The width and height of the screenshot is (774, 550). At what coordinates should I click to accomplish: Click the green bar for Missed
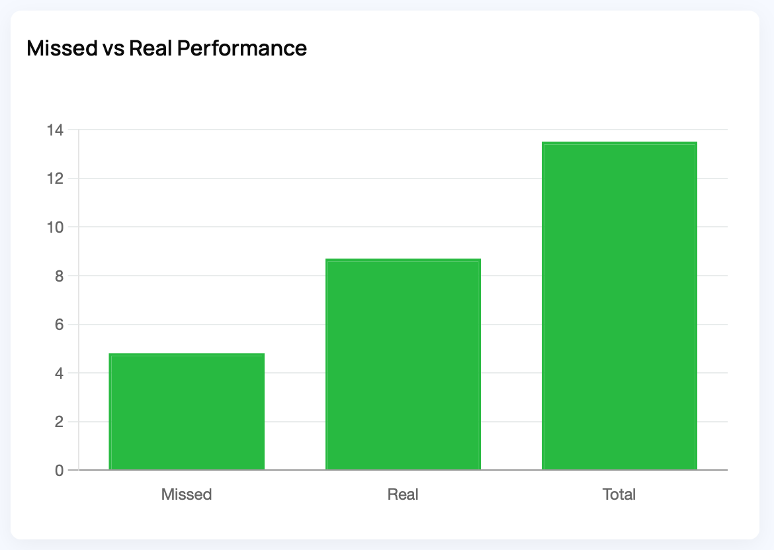click(187, 412)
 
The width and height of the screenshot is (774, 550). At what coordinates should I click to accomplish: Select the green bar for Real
click(403, 364)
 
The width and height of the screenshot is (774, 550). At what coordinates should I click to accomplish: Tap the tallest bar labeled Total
click(619, 306)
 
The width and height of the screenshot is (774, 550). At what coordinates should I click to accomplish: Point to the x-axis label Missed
click(187, 494)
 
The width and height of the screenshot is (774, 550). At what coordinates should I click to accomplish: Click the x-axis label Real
click(403, 494)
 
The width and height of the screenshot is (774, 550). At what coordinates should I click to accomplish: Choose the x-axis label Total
click(619, 494)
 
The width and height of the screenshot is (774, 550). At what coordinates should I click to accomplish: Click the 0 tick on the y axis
click(59, 471)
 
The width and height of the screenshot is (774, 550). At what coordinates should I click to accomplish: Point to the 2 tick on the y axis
click(59, 422)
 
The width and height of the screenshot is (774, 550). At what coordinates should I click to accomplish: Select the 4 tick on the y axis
click(59, 373)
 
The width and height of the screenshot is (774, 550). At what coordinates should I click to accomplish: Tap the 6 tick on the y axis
click(59, 325)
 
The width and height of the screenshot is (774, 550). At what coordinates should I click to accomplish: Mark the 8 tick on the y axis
click(59, 276)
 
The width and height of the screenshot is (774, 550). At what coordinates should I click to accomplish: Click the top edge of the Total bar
click(619, 143)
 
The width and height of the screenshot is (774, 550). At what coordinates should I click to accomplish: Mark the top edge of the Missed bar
click(187, 354)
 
